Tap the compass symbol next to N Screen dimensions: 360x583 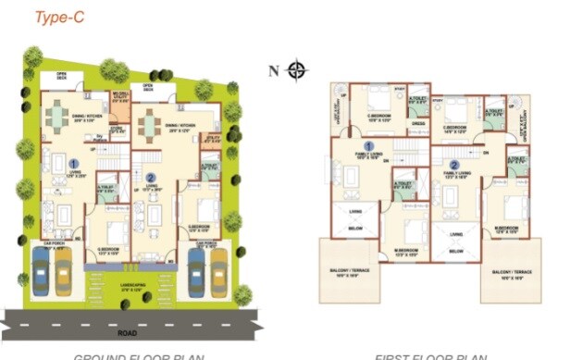coord(297,70)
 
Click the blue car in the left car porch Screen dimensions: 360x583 coord(41,271)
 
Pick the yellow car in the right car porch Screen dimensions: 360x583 coord(218,270)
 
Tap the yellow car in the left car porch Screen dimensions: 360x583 coord(63,271)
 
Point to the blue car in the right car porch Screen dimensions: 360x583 coord(195,270)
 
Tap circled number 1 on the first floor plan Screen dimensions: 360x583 coord(367,147)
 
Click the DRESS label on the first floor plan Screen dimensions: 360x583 coord(417,123)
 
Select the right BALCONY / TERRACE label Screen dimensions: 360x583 coord(512,275)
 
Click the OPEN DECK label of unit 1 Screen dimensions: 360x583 coord(62,76)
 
